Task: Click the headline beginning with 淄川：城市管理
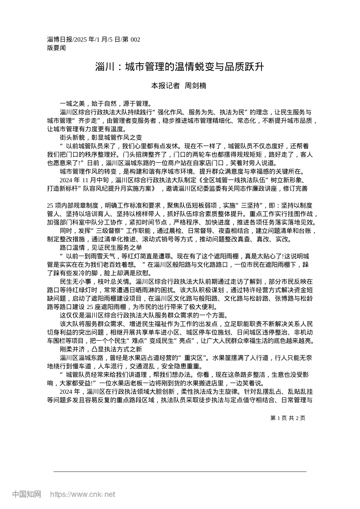tap(179, 67)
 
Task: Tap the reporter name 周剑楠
tap(195, 86)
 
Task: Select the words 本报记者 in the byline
tap(166, 86)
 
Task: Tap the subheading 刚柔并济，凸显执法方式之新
tap(101, 349)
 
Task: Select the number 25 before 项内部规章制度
tap(50, 206)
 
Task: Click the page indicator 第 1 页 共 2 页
tap(288, 418)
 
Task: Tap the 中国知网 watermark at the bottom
tap(27, 494)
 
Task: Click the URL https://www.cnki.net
tap(83, 494)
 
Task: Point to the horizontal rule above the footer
tap(180, 472)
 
